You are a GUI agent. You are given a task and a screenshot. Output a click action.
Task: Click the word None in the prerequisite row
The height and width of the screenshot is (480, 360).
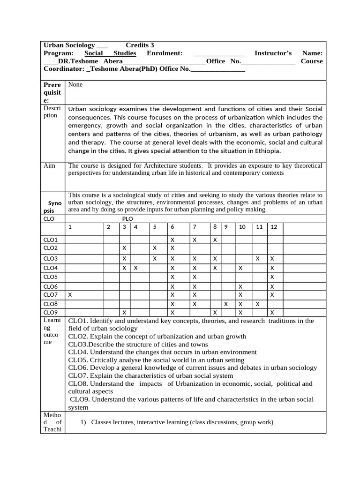tap(75, 85)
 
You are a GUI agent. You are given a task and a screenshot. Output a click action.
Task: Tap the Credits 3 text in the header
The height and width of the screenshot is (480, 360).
tap(140, 45)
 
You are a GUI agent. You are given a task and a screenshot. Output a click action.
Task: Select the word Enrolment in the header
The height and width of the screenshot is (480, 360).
tap(165, 53)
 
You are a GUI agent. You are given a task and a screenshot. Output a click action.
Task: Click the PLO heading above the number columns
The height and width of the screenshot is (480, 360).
tap(127, 218)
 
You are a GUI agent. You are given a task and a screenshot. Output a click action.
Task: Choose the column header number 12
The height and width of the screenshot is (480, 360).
tap(274, 227)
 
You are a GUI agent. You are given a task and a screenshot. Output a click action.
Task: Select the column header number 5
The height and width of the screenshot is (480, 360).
tap(154, 227)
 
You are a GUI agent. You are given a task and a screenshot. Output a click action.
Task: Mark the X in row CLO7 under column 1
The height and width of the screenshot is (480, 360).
tap(70, 295)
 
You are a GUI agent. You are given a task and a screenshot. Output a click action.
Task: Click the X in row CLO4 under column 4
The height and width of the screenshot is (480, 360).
tap(135, 268)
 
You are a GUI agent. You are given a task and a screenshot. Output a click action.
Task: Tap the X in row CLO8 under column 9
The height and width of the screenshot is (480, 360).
tap(226, 304)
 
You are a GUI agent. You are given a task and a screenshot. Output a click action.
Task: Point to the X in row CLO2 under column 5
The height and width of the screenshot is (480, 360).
tap(154, 247)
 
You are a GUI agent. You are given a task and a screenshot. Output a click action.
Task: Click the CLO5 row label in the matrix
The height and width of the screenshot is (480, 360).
tap(50, 277)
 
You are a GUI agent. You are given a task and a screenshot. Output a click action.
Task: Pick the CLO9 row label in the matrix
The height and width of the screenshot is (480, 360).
tap(50, 313)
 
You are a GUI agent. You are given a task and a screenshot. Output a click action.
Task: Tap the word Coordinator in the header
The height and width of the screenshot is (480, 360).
tap(64, 69)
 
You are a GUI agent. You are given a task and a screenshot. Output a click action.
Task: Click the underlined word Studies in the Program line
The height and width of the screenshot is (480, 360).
tap(125, 53)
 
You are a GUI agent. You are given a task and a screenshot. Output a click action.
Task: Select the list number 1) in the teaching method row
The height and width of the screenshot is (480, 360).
tap(83, 422)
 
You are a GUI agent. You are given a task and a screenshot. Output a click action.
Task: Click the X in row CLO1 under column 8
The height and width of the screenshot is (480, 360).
tap(215, 240)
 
